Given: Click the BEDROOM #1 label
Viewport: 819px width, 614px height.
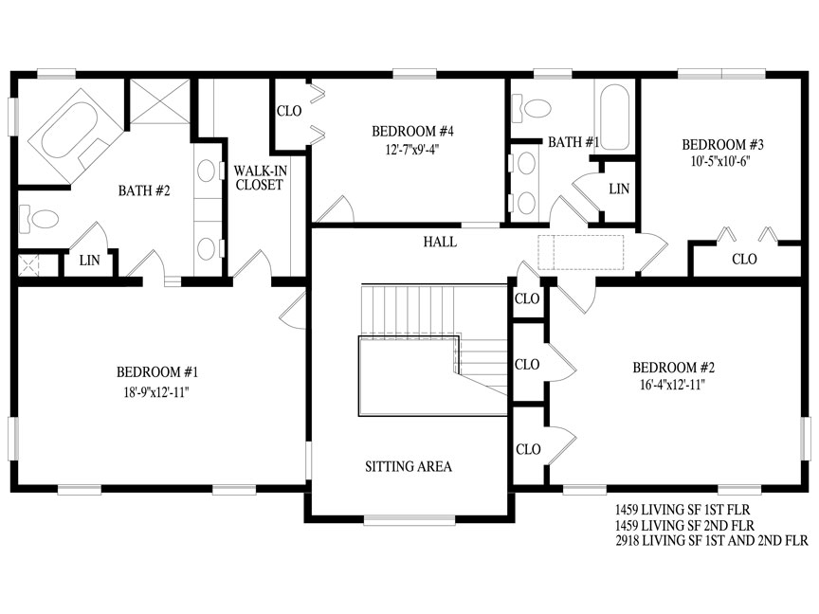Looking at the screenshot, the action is (157, 372).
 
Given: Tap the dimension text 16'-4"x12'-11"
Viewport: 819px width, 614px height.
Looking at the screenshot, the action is (673, 385).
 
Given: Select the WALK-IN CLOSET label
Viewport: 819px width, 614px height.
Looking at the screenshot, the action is (260, 177).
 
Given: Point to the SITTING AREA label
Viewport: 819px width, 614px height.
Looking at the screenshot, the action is (409, 466).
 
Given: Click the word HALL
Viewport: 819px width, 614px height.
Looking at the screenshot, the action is (440, 242).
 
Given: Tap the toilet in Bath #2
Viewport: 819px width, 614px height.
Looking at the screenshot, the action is (39, 219).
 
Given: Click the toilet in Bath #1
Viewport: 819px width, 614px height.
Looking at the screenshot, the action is (532, 109).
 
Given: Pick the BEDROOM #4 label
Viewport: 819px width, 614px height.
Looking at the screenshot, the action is (412, 131).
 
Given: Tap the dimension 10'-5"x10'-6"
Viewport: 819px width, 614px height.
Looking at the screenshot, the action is (720, 161).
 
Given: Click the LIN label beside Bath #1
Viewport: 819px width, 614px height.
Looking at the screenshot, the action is (619, 189).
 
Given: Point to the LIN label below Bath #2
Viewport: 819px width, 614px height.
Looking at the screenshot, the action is (89, 260).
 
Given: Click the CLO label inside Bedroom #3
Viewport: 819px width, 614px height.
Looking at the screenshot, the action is (744, 259).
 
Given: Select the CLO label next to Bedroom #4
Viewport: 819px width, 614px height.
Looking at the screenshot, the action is (289, 111).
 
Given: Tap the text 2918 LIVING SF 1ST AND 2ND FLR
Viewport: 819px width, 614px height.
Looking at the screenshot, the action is (711, 540).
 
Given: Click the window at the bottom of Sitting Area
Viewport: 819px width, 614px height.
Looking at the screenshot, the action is (409, 519).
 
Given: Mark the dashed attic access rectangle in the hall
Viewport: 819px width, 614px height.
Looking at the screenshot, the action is (581, 253).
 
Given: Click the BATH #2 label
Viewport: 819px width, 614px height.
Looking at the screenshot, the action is (144, 190).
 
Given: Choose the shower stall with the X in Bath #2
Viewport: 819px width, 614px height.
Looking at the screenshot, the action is (160, 101).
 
